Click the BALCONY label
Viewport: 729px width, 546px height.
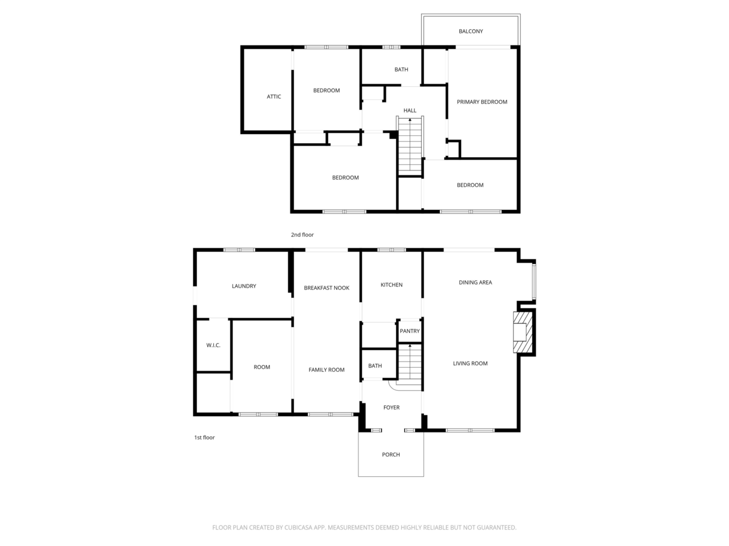(471, 31)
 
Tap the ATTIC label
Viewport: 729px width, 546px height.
(274, 96)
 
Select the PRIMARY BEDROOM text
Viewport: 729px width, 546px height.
(482, 102)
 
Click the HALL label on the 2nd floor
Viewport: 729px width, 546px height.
(410, 110)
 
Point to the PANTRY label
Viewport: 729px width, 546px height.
(410, 331)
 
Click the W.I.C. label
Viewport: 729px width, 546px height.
(213, 345)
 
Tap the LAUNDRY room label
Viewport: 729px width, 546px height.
(244, 286)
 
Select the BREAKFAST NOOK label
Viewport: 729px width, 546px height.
(326, 288)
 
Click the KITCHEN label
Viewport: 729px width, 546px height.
(392, 285)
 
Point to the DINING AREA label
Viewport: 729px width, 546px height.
(475, 282)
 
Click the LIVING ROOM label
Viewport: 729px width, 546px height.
(470, 363)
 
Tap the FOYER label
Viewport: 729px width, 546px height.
(392, 408)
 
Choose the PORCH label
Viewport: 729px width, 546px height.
(391, 454)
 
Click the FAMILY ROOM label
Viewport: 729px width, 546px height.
(326, 369)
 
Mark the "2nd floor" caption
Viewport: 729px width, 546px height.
(302, 235)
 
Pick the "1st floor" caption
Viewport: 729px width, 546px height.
(204, 437)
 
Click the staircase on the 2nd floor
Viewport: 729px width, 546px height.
(410, 146)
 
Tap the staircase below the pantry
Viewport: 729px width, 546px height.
(410, 365)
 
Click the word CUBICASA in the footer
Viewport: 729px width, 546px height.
(298, 527)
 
